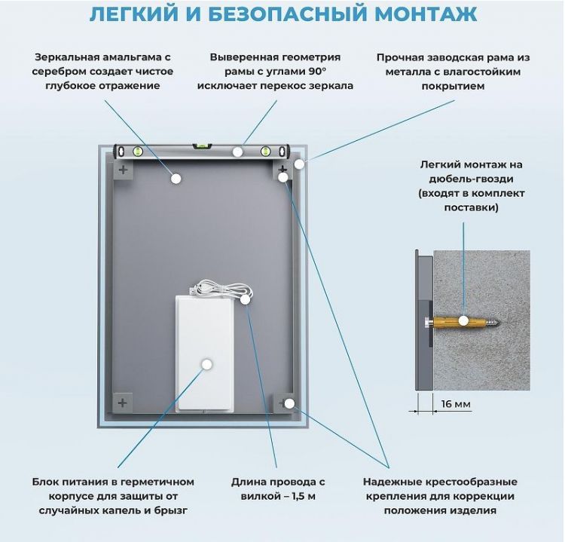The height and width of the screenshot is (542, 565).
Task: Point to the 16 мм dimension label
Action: coord(455,405)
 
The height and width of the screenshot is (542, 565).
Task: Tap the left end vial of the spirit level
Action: coord(137,152)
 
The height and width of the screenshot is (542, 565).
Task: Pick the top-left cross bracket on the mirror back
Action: coord(124,171)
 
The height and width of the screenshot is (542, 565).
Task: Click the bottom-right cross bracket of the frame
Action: coord(284,402)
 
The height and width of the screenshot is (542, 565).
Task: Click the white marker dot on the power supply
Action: coord(206,363)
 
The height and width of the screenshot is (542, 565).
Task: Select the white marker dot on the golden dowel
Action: coord(465,320)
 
